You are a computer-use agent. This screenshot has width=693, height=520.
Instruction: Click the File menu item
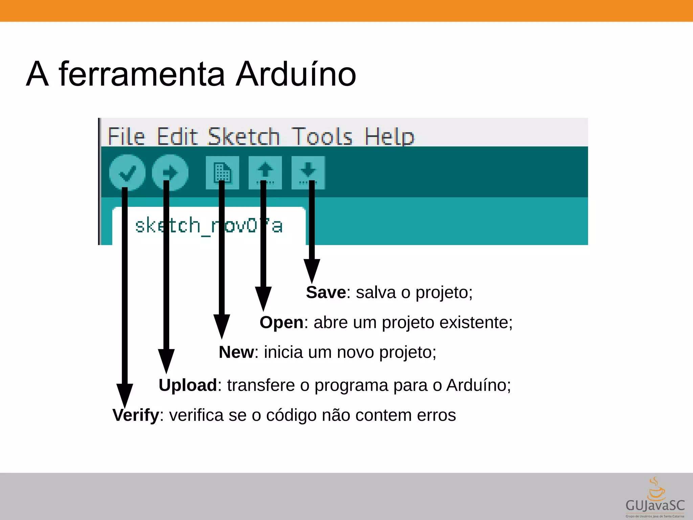point(126,136)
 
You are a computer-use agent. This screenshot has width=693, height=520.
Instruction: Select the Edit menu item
point(177,136)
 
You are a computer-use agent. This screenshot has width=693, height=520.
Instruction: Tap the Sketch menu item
point(244,136)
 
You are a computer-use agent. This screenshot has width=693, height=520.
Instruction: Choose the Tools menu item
point(321,136)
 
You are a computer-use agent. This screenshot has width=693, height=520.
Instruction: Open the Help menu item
point(389,137)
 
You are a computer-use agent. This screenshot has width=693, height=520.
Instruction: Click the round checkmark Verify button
point(127,172)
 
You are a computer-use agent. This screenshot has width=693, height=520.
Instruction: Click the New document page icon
point(222,172)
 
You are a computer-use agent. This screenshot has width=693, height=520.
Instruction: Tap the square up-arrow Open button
point(265,172)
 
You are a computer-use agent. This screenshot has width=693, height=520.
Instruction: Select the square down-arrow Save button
point(308,172)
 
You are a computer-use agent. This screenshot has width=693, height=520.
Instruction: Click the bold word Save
point(326,292)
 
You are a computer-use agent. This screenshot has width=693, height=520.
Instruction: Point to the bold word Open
point(281,322)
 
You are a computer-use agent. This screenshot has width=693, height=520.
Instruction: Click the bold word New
point(236,352)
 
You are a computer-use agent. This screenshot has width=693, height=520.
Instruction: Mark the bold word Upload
point(188,385)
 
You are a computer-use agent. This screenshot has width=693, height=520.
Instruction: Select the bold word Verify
point(136,415)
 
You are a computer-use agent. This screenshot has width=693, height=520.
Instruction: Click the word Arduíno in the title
point(295,74)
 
